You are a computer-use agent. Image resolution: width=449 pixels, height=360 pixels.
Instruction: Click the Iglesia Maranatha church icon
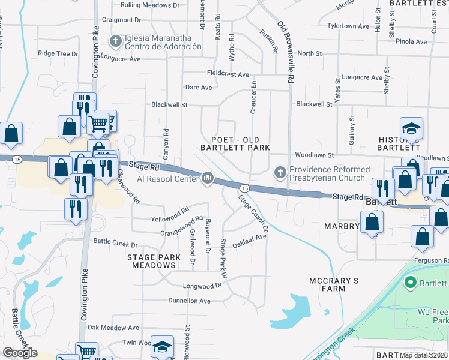pyautogui.click(x=116, y=41)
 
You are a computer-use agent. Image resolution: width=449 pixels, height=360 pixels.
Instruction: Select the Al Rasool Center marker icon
pyautogui.click(x=208, y=178)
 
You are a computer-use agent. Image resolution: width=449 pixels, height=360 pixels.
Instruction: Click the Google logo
pyautogui.click(x=20, y=353)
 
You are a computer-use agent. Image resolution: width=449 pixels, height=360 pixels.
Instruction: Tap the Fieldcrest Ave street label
pyautogui.click(x=228, y=74)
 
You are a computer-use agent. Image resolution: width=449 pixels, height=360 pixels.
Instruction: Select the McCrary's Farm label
pyautogui.click(x=334, y=284)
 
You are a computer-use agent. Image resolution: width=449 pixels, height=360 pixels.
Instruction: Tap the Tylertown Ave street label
pyautogui.click(x=348, y=26)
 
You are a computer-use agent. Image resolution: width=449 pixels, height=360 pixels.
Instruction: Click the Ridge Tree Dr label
pyautogui.click(x=58, y=53)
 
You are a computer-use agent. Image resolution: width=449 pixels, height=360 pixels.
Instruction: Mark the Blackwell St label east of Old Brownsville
pyautogui.click(x=314, y=104)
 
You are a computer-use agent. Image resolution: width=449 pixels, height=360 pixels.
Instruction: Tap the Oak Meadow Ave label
pyautogui.click(x=113, y=328)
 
